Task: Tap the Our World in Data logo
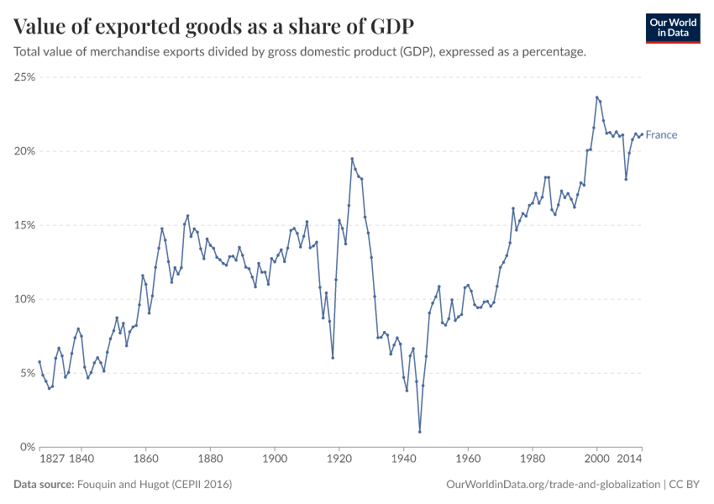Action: (673, 28)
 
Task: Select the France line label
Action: (661, 135)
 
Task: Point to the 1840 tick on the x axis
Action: (81, 459)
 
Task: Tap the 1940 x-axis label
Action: (404, 459)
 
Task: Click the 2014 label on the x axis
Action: (629, 459)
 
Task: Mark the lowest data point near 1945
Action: (420, 432)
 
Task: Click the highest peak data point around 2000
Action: (596, 97)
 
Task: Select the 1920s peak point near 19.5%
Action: (352, 159)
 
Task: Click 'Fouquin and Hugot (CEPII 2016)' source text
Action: (155, 485)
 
